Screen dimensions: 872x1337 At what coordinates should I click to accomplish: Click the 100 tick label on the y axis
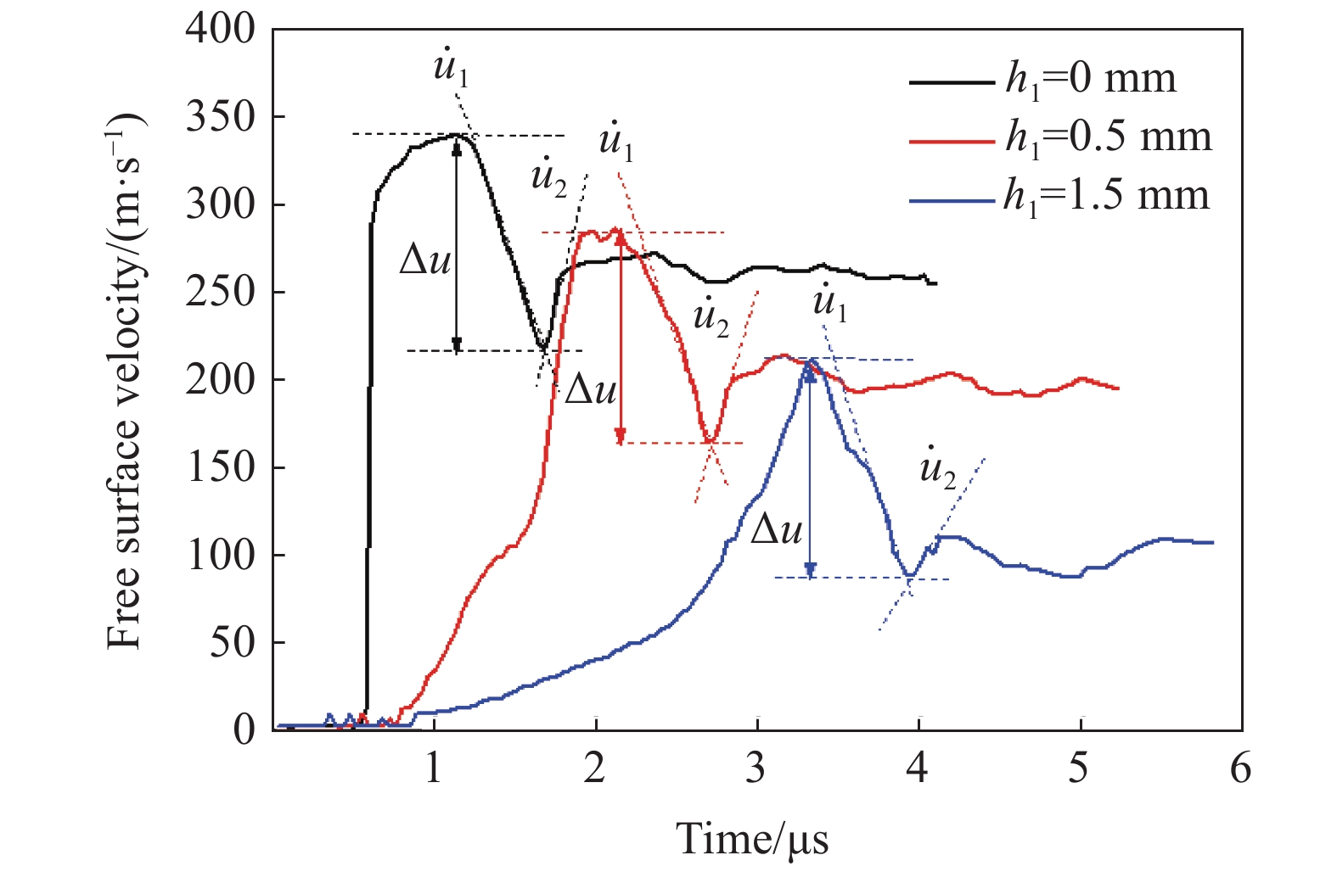[221, 556]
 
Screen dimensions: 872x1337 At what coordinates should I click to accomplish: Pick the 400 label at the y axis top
[221, 30]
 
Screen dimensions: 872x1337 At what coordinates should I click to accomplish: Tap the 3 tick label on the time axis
[756, 769]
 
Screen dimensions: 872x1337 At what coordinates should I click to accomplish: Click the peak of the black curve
[457, 134]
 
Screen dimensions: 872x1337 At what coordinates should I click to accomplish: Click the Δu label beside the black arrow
[425, 260]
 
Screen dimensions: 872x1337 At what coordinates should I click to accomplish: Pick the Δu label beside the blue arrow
[777, 529]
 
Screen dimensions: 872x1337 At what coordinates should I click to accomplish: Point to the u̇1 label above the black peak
[451, 68]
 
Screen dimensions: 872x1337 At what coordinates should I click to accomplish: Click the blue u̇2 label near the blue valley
[937, 469]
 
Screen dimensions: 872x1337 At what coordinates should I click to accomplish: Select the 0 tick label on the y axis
[244, 729]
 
